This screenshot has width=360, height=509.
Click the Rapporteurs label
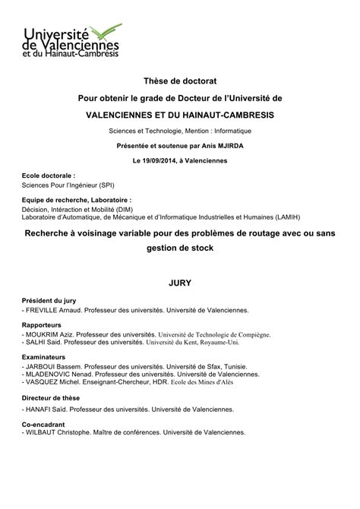43,325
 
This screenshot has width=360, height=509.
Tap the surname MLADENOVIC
50,375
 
